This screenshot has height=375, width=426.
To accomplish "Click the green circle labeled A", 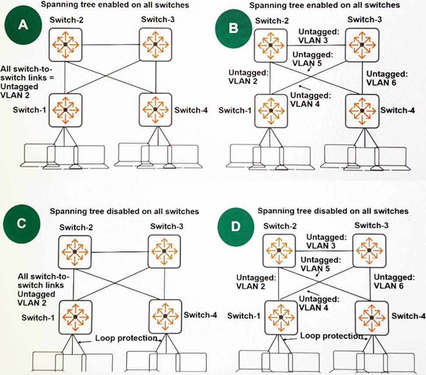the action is [23, 25].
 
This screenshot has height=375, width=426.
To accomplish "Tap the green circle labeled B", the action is [234, 28].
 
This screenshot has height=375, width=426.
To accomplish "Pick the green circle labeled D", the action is [236, 227].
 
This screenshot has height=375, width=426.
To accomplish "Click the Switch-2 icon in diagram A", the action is [66, 45].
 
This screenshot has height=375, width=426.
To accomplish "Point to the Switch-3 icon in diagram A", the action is [155, 45].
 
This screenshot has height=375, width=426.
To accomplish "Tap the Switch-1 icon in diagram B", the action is [271, 110].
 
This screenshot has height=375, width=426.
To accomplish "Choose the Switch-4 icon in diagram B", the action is [362, 111].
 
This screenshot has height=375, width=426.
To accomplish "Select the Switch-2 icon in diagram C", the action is [75, 252].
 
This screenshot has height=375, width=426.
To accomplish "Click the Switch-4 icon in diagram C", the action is [165, 316].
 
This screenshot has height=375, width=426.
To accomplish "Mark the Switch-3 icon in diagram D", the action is [369, 251].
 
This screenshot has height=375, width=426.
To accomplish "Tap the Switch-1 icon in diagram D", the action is [281, 317].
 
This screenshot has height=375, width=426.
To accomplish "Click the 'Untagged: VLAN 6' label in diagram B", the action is [387, 78].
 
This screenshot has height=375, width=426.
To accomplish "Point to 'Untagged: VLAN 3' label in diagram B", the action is [319, 36].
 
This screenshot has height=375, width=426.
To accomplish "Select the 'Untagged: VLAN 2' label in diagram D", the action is [256, 282].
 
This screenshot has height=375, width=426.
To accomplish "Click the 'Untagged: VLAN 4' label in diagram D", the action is [319, 303].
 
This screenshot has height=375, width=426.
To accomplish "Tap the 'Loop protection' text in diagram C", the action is [126, 338].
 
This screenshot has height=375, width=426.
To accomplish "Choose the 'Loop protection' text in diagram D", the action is [332, 336].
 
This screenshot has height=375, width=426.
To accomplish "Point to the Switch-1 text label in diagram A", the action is [29, 110].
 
